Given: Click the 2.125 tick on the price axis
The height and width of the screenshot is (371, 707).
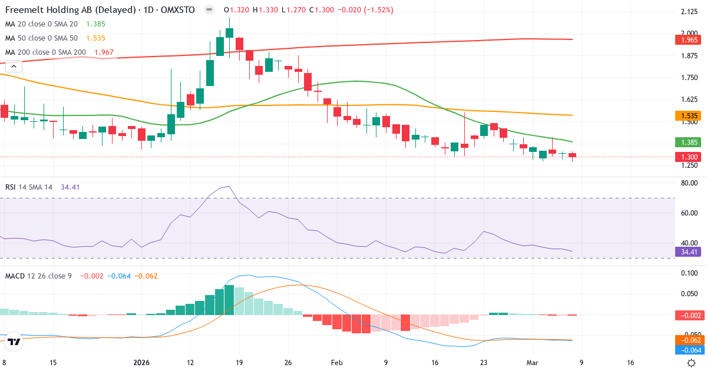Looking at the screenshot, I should point(689,12).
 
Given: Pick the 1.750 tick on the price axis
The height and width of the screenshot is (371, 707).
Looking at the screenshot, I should point(689,78).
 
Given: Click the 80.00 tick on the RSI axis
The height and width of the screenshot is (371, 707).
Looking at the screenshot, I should point(689,183).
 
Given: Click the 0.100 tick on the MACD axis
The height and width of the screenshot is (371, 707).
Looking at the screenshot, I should point(689,273).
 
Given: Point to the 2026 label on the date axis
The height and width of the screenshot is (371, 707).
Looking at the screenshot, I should point(141,363).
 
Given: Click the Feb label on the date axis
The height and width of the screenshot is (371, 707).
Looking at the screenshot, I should point(336,363).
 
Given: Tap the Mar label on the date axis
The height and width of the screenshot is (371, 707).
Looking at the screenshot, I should point(531,363).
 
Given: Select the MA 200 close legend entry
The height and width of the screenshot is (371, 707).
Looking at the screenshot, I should point(45,52).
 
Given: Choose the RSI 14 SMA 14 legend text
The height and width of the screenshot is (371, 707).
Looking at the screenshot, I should point(29,187).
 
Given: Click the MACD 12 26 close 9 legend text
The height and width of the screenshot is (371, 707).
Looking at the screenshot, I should point(38,276).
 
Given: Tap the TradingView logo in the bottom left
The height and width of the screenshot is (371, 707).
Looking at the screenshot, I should point(15,341).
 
